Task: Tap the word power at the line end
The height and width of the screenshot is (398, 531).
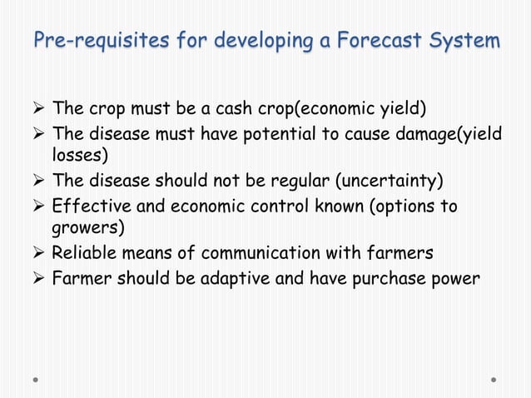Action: (x=456, y=277)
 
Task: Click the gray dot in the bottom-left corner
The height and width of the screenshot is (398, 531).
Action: (x=37, y=381)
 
